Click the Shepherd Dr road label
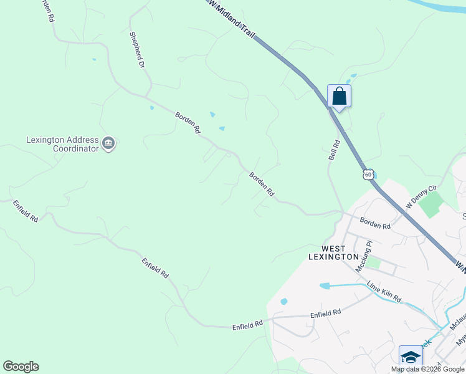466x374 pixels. [x=137, y=50]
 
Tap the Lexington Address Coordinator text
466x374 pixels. [x=62, y=144]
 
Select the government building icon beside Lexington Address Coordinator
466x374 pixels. [x=109, y=144]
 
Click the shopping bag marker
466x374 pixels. [x=339, y=97]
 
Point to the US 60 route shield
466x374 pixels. [x=368, y=174]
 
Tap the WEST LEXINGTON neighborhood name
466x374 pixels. [x=334, y=252]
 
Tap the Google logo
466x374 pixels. [x=21, y=367]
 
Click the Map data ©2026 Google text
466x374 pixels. [x=427, y=369]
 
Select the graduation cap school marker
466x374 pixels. [x=411, y=357]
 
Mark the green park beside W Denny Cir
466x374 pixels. [x=432, y=204]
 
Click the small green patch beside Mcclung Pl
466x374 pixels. [x=373, y=262]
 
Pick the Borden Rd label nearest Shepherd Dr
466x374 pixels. [x=187, y=123]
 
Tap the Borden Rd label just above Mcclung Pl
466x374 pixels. [x=375, y=223]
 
